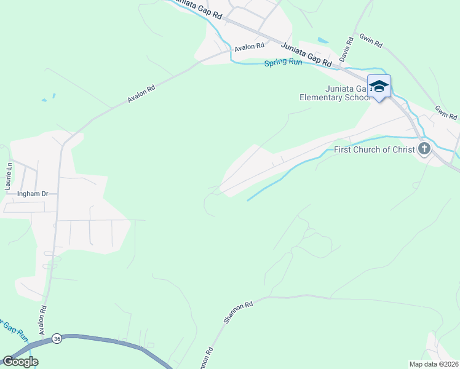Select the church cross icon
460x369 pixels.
pos(424,148)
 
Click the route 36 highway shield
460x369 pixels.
pos(57,338)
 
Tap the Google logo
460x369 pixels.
pos(20,361)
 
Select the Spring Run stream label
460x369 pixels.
pos(284,63)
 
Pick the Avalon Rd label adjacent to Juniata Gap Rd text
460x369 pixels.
pos(249,47)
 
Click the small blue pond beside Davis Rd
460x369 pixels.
pos(323,41)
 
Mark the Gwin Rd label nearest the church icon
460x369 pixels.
pos(446,113)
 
